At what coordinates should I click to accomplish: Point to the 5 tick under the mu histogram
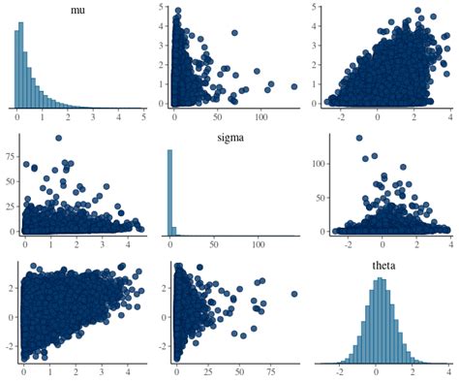(x=143, y=118)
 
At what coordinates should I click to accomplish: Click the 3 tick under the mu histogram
(x=93, y=118)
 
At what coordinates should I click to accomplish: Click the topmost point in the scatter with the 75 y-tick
(x=59, y=138)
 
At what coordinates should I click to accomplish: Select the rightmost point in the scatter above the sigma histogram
(x=293, y=86)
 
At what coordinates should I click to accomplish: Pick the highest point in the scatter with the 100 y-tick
(x=359, y=137)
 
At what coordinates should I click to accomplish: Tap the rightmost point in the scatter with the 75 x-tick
(x=294, y=294)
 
